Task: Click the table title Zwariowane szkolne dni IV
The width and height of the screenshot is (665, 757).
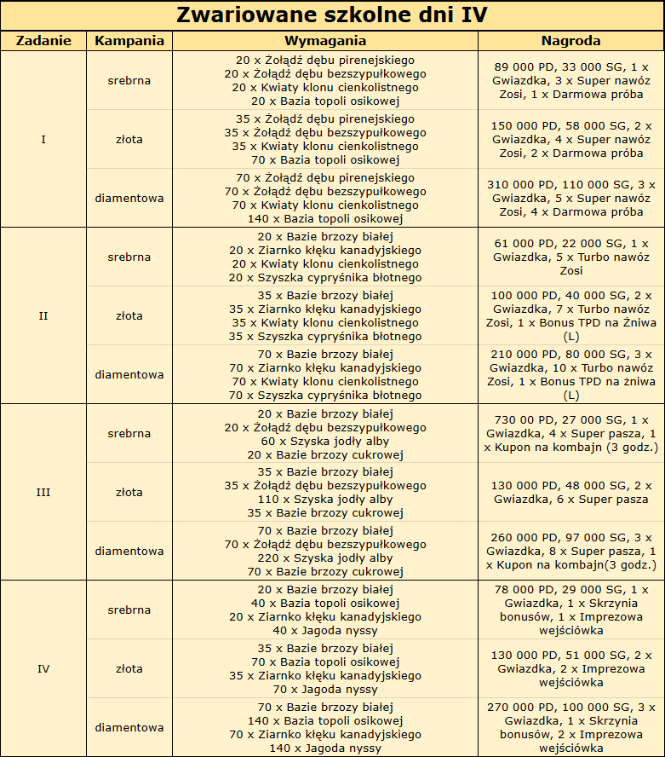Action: tap(332, 16)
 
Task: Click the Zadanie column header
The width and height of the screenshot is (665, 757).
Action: tap(43, 41)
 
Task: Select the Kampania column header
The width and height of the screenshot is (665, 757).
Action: tap(129, 41)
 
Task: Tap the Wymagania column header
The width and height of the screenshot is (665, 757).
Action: tap(325, 41)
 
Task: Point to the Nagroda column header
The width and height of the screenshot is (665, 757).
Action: tap(570, 41)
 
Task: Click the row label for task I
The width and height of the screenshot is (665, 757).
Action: tap(43, 139)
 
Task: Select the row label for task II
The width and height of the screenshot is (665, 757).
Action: tap(43, 315)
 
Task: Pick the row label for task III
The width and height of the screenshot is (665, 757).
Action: tap(43, 492)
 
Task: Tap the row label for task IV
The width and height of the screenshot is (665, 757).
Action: tap(43, 668)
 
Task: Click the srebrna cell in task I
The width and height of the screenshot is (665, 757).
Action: tap(129, 81)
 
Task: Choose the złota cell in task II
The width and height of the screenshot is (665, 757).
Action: tap(129, 315)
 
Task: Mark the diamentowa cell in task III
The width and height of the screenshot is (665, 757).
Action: tap(129, 551)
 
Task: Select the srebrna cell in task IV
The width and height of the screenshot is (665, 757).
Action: tap(129, 610)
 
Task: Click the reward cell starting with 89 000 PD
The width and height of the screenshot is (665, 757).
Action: tap(570, 80)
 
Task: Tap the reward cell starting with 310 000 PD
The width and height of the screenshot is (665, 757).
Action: tap(570, 198)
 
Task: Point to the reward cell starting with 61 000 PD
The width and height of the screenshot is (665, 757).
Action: tap(570, 257)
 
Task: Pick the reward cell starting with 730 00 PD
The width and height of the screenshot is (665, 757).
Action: tap(570, 433)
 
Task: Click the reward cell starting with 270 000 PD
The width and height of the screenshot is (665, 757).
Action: tap(570, 727)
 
